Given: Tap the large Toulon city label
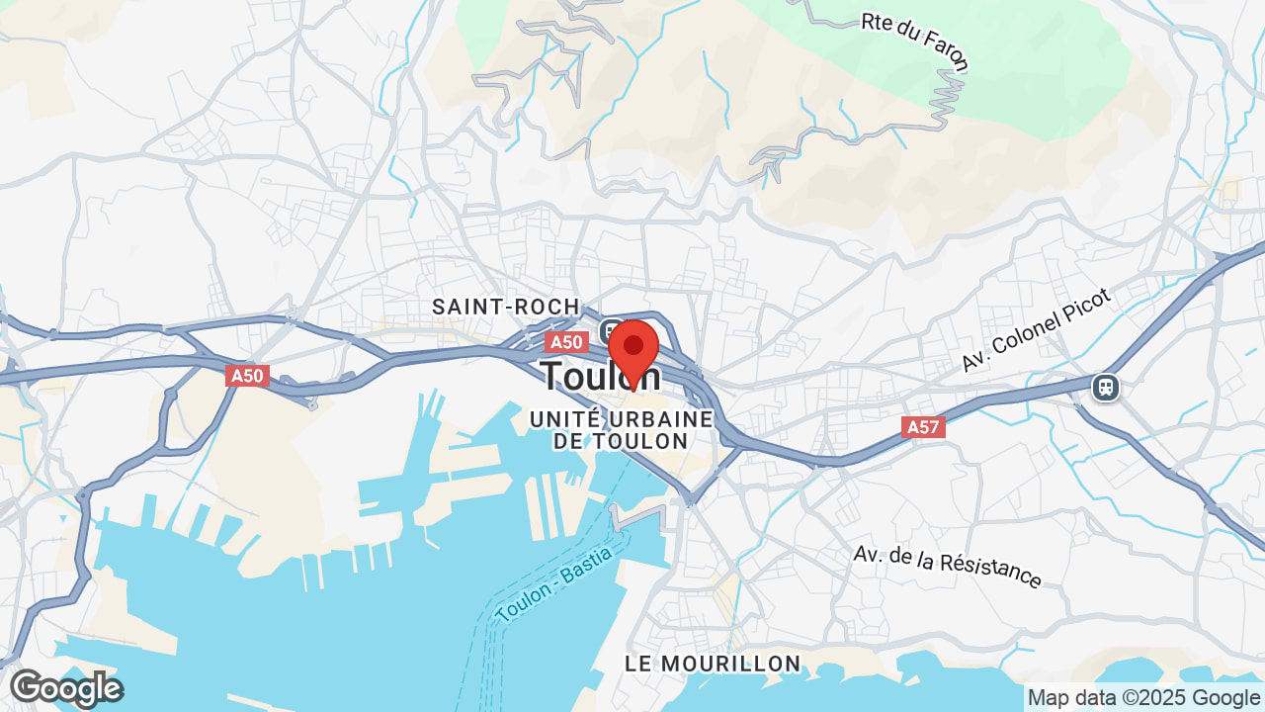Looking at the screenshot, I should click(x=599, y=377).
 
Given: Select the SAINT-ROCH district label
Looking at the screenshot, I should click(x=505, y=308).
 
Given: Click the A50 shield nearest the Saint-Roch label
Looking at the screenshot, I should click(x=566, y=342).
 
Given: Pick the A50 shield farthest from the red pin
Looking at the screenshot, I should click(x=247, y=376).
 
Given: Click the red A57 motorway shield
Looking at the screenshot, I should click(x=923, y=427).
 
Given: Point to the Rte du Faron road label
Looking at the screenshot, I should click(x=915, y=43).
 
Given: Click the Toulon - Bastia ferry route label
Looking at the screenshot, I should click(x=554, y=583).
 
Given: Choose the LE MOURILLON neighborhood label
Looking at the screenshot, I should click(x=713, y=663).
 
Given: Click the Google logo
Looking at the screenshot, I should click(x=66, y=688).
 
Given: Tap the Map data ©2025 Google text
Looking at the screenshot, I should click(x=1143, y=697).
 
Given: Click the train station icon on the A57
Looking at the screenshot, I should click(x=1106, y=388).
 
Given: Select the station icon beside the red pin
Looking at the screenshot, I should click(x=610, y=329).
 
